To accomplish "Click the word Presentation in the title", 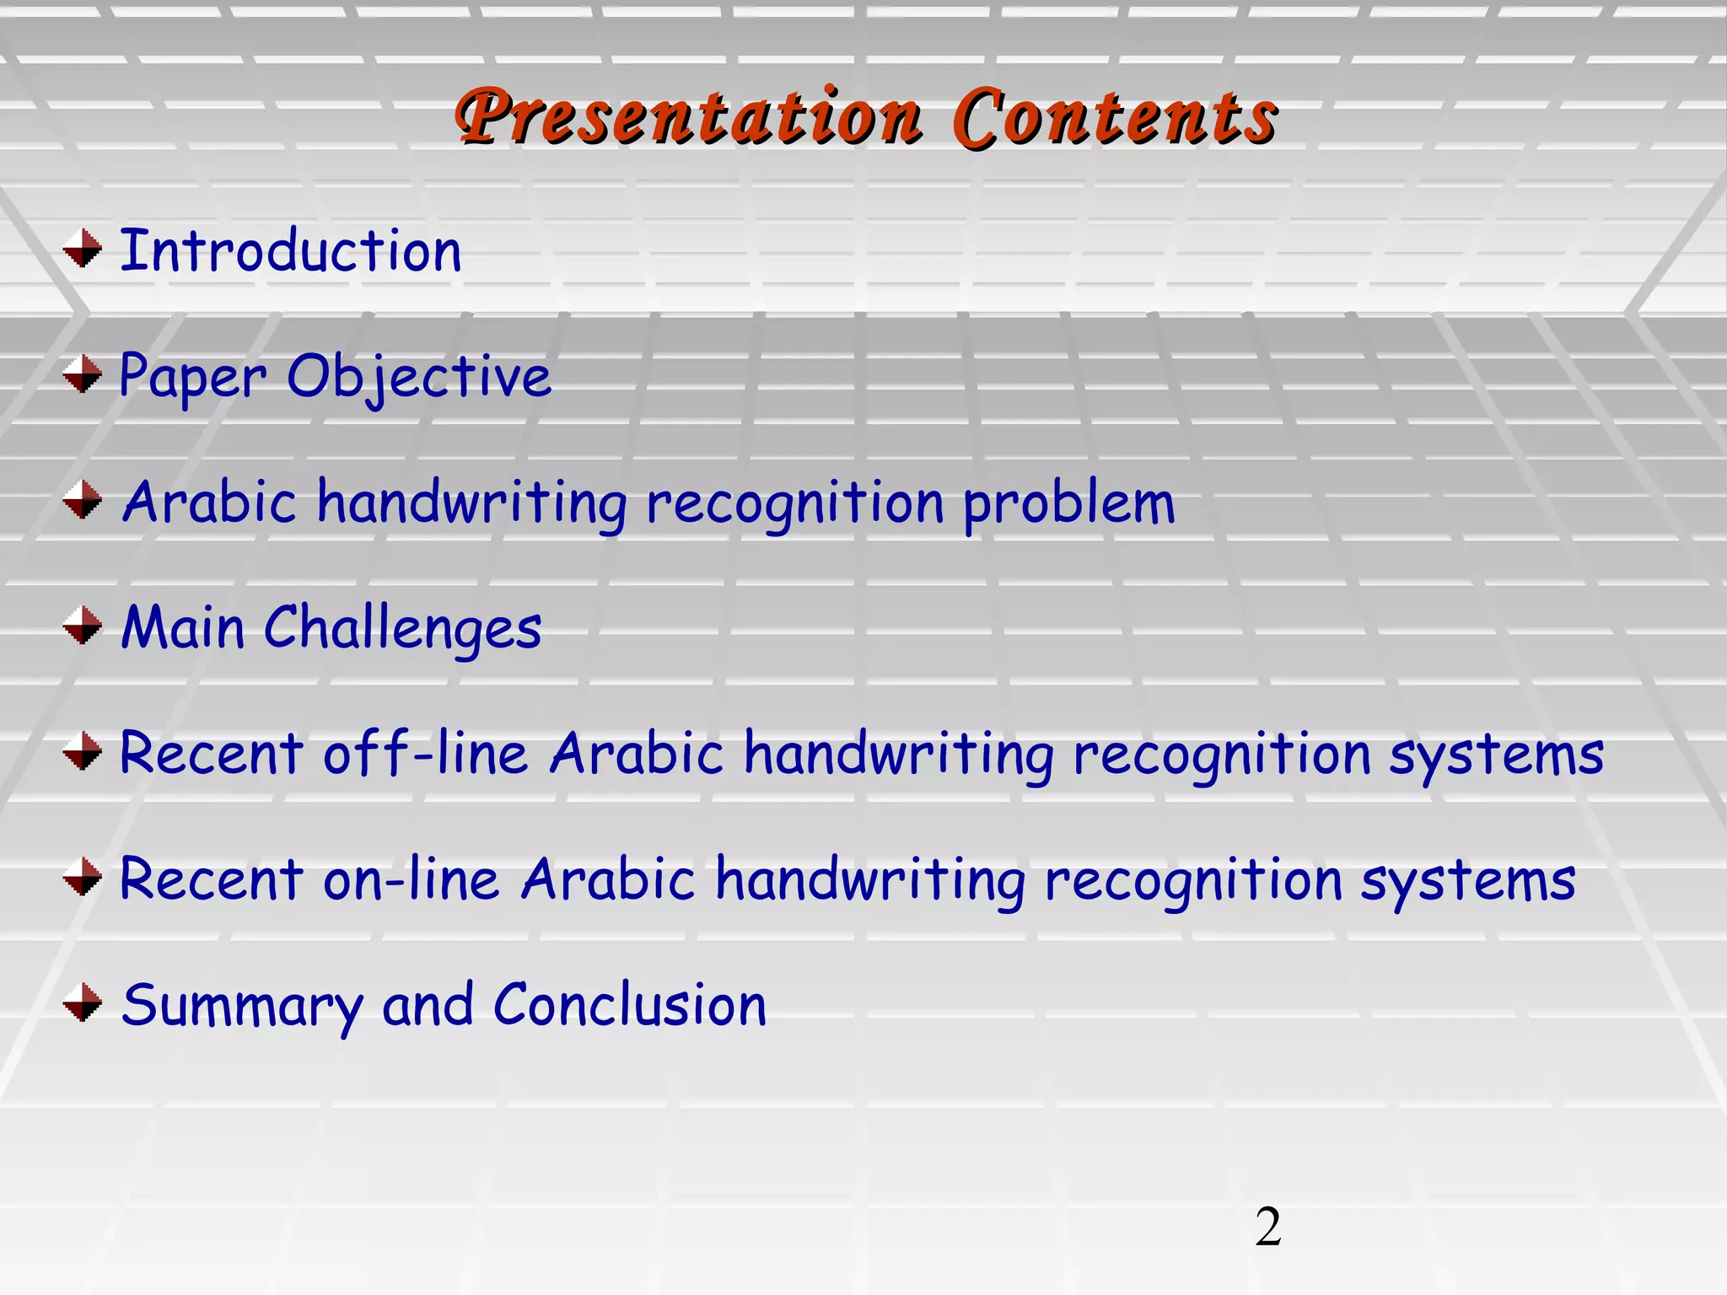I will click(x=687, y=118).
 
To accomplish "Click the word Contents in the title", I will click(x=1115, y=118).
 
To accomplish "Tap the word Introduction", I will click(x=291, y=251).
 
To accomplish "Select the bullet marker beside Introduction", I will click(x=83, y=249).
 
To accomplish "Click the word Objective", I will click(x=419, y=377).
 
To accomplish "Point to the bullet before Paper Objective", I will click(x=83, y=373).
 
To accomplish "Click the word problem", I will click(x=1068, y=503).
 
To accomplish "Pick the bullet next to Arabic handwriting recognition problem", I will click(x=83, y=499).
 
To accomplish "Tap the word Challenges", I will click(x=402, y=629).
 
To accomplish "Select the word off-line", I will click(x=426, y=753).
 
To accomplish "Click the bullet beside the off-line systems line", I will click(x=83, y=750).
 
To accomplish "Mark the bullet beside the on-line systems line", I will click(x=83, y=877).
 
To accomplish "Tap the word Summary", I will click(x=242, y=1006).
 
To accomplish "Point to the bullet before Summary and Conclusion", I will click(x=83, y=1002).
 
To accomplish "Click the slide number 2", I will click(x=1267, y=1227).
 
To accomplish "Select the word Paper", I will click(x=193, y=377).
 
